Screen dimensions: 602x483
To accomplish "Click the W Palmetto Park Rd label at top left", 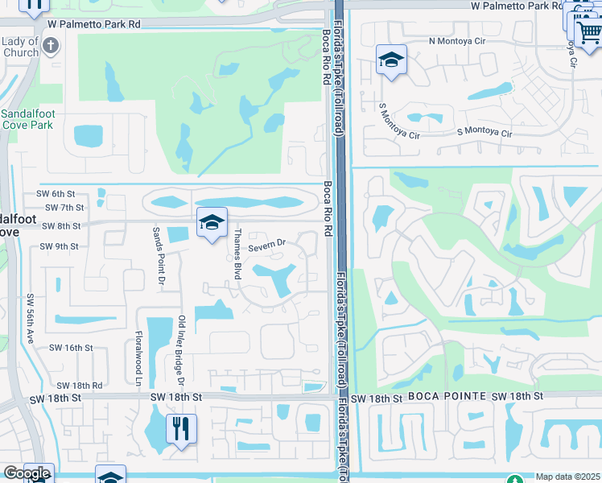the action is tap(93, 24).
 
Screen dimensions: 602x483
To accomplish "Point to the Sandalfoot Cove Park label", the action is tap(27, 119).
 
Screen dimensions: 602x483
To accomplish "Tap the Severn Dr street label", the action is tap(267, 243).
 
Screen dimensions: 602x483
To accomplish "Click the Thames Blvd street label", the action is tap(237, 254).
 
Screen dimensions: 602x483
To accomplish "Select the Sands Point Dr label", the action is tap(159, 256).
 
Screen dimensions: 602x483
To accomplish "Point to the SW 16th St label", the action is tap(72, 348).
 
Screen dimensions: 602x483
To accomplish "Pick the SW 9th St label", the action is tap(59, 246).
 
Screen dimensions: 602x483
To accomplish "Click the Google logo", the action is tap(27, 473).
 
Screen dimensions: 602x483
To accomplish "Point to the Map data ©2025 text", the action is tap(568, 477).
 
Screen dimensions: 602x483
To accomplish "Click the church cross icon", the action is tap(51, 45).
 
